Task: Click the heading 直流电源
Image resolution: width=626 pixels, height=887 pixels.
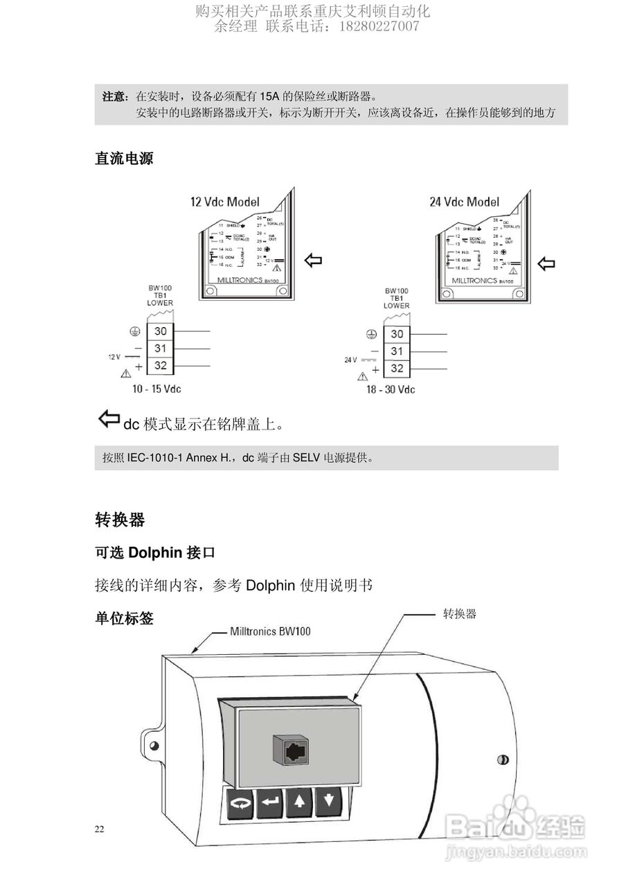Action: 124,159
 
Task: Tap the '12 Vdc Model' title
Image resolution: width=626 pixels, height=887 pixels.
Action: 225,202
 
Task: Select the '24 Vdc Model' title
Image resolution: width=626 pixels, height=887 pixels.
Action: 464,202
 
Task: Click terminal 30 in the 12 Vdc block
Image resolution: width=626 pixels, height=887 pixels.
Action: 161,332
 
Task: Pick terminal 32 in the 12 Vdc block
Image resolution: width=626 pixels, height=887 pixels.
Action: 161,366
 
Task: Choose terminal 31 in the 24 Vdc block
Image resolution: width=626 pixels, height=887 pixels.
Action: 397,351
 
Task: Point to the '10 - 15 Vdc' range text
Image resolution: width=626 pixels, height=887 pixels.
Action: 156,389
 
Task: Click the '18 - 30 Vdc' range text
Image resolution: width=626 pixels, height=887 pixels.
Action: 391,389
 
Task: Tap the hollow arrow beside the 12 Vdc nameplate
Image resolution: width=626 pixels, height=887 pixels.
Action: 313,261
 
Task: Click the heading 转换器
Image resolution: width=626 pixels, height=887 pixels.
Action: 119,519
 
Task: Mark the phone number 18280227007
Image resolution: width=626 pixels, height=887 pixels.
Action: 378,26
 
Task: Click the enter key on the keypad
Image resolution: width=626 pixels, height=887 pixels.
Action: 269,804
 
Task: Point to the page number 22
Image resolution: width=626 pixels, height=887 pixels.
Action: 100,829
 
